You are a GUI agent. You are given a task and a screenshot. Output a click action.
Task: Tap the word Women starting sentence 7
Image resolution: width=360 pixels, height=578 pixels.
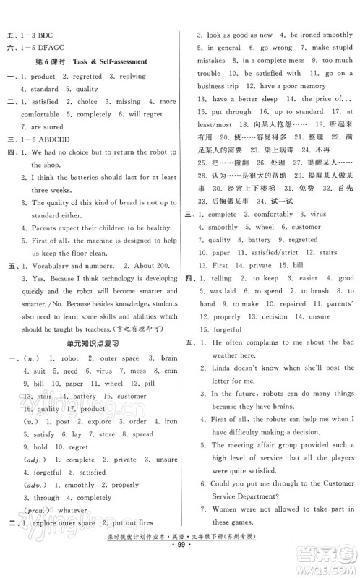230,519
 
